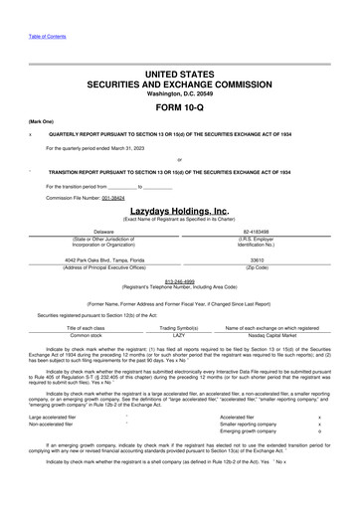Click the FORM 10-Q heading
[180, 106]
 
